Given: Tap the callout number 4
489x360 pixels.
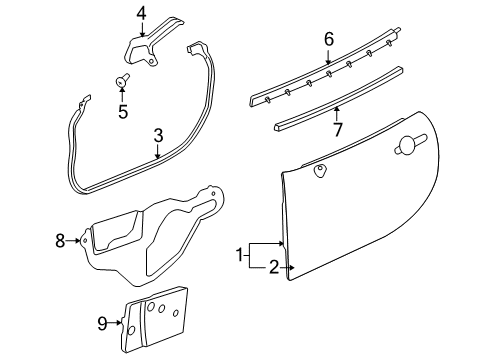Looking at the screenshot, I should click(x=141, y=13).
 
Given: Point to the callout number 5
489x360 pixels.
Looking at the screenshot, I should click(x=123, y=112).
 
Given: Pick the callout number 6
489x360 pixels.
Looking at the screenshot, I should click(x=327, y=39).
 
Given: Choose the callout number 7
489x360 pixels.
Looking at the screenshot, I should click(x=337, y=127).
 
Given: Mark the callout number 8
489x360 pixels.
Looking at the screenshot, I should click(x=59, y=240).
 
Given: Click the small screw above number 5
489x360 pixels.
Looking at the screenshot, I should click(x=122, y=81).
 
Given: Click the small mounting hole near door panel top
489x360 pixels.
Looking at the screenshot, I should click(x=320, y=171).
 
